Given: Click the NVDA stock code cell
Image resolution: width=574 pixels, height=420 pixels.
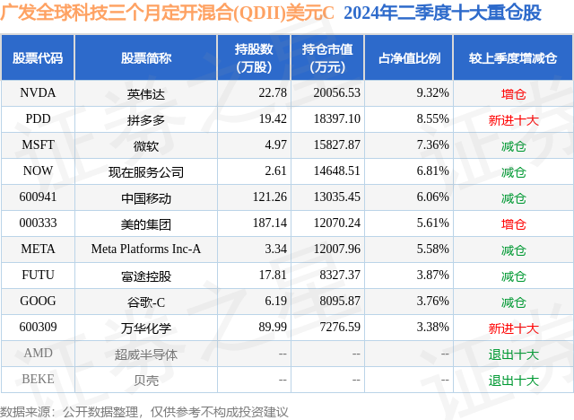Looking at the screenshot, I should pyautogui.click(x=38, y=92).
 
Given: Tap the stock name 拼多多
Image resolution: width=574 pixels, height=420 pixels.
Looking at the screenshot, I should pyautogui.click(x=145, y=118).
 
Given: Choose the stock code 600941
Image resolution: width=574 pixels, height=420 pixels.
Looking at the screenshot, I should pyautogui.click(x=38, y=197).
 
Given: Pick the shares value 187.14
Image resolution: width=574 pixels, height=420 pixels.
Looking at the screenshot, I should pyautogui.click(x=268, y=223).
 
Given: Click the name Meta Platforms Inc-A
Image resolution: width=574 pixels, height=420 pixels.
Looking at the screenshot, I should pyautogui.click(x=145, y=249).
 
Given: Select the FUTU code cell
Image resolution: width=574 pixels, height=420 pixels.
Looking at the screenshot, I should pyautogui.click(x=38, y=276).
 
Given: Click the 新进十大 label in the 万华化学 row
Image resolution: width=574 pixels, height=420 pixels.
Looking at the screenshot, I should pyautogui.click(x=513, y=328).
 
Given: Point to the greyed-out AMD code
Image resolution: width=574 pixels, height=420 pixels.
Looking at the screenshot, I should pyautogui.click(x=38, y=354).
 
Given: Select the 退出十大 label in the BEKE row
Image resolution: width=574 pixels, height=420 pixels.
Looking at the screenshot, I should pyautogui.click(x=513, y=380).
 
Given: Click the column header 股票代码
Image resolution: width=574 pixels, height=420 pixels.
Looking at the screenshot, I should pyautogui.click(x=38, y=58).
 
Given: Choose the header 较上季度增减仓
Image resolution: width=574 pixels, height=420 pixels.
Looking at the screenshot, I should pyautogui.click(x=513, y=58).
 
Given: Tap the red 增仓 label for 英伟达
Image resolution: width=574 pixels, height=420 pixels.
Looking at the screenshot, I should pyautogui.click(x=513, y=92).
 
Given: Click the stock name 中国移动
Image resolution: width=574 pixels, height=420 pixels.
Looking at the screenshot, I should pyautogui.click(x=145, y=197).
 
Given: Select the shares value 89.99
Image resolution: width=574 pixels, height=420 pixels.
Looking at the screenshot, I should pyautogui.click(x=272, y=328).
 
